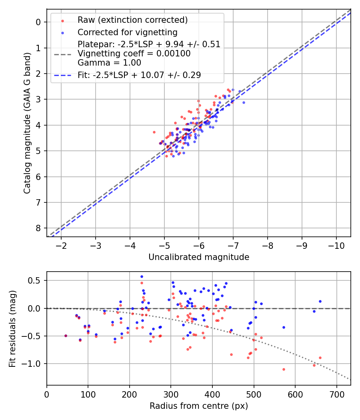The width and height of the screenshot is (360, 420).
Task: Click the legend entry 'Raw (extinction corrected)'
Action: (132, 20)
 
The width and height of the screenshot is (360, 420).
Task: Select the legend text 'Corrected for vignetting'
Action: (128, 32)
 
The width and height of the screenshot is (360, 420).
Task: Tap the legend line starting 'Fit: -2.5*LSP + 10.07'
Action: (139, 75)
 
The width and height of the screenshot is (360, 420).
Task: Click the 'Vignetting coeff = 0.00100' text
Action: (134, 53)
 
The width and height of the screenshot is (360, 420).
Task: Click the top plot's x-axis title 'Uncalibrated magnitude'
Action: (199, 257)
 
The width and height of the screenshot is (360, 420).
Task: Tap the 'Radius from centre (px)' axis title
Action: (199, 406)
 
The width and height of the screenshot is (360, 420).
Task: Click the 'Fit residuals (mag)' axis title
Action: (12, 328)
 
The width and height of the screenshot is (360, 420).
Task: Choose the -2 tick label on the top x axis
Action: (62, 245)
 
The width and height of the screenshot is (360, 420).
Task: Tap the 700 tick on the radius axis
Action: (336, 393)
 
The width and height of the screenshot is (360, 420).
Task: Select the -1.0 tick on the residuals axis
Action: (33, 364)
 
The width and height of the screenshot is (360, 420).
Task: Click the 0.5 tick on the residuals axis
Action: (36, 280)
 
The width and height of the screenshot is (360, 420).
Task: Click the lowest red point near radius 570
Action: (284, 369)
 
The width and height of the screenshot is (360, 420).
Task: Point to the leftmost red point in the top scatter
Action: (154, 132)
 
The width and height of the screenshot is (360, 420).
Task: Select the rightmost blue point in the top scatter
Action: (244, 102)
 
